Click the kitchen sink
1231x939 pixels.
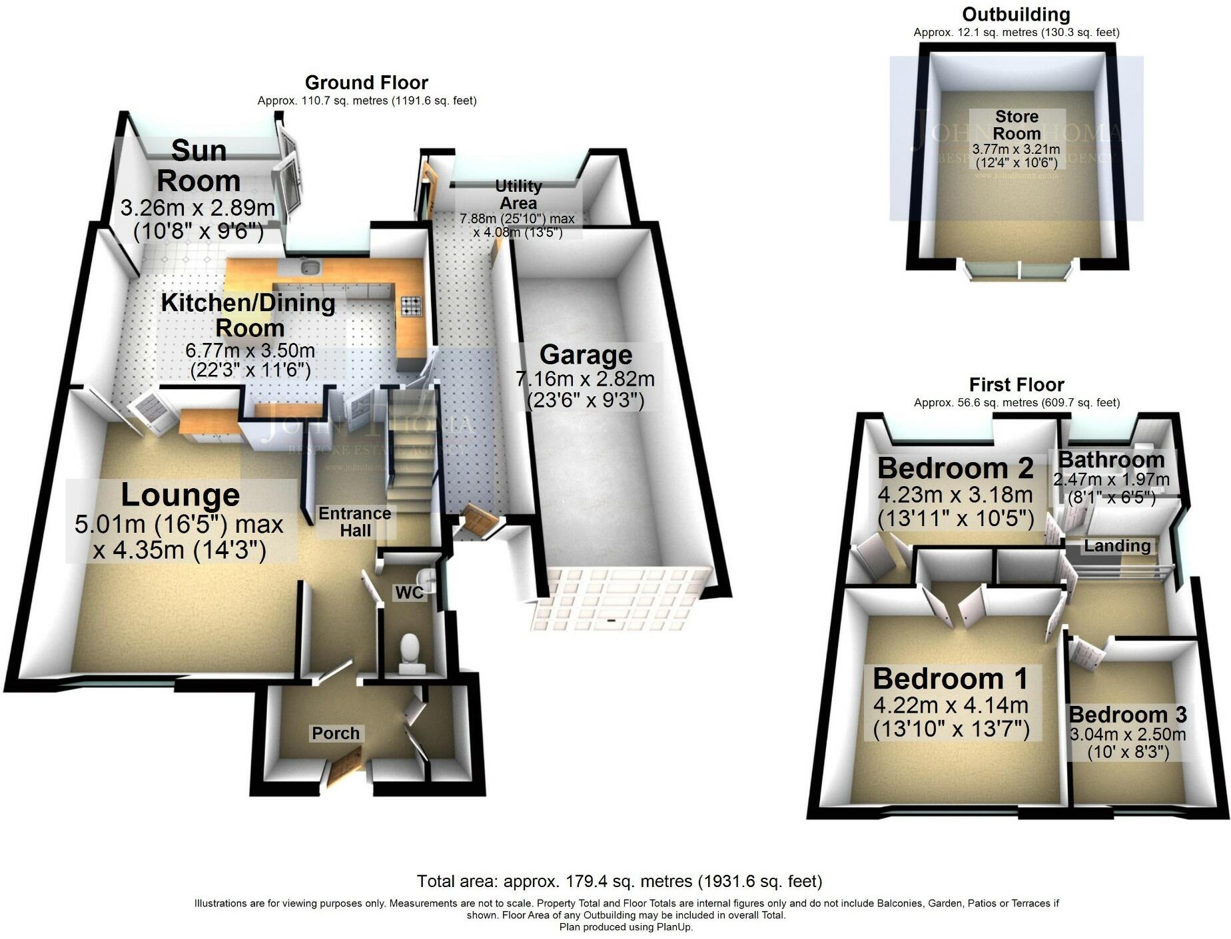309,268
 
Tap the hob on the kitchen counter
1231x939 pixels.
411,306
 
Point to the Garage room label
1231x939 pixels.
586,355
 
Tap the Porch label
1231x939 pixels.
336,733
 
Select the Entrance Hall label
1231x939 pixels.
354,522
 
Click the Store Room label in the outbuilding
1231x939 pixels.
1017,125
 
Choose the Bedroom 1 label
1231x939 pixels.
951,679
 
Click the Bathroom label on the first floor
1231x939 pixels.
1111,460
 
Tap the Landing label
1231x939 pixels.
1117,546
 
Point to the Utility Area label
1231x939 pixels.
518,194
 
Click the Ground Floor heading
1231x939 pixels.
366,83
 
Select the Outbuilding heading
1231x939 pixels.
1016,15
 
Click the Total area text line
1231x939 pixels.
619,882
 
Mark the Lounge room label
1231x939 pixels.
180,495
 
